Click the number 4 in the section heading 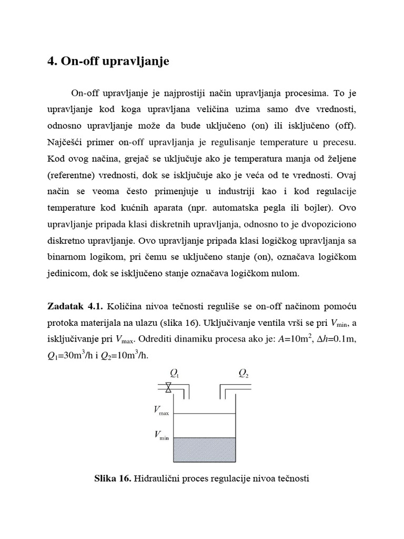(x=52, y=62)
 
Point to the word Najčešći (x=67, y=144)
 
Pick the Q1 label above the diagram (x=173, y=374)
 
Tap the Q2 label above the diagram (x=243, y=374)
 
